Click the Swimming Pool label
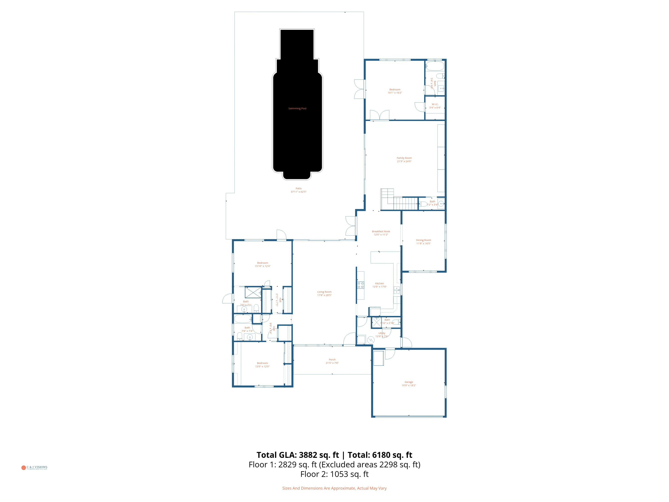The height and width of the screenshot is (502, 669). [297, 108]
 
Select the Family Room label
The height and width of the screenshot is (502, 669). [404, 158]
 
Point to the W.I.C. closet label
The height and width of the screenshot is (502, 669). [435, 104]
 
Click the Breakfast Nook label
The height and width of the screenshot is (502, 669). [381, 232]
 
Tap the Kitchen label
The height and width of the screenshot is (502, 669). [379, 284]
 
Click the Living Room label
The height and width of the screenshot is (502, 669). [324, 292]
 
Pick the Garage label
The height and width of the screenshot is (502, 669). [409, 382]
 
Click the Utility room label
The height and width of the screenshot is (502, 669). [382, 333]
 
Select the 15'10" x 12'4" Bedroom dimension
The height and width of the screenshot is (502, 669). [262, 266]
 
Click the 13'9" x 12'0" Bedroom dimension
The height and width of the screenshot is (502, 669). [262, 366]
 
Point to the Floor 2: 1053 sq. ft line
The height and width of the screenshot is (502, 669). [334, 474]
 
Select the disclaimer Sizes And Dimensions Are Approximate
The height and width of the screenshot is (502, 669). [334, 488]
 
